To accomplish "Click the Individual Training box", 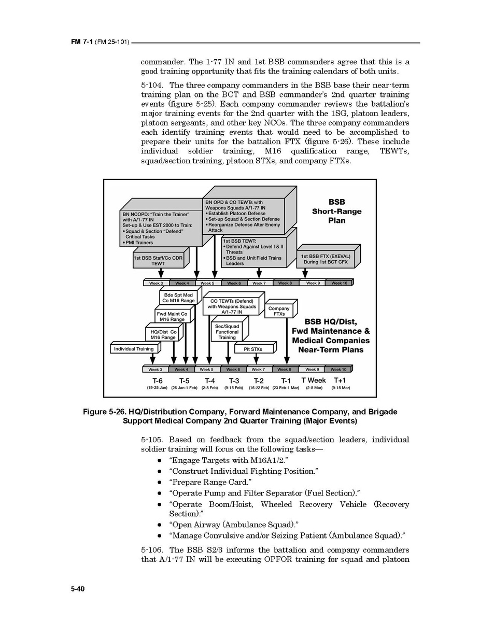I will coord(134,349).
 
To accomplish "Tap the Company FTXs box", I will coord(279,311).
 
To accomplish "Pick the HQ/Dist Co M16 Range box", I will coord(163,334).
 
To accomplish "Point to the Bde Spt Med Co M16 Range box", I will coord(178,298).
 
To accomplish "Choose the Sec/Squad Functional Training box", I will coord(227,332).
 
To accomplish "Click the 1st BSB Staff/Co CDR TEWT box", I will coord(158,261).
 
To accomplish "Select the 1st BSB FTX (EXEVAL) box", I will coord(324,259).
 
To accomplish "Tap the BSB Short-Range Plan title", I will coord(336,211).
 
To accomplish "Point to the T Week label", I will coord(314,380).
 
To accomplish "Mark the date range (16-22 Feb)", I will coord(259,388).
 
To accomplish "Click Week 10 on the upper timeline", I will coord(339,283).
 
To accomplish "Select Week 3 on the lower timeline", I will coord(155,370).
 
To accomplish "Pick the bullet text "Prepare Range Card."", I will coord(206,482).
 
